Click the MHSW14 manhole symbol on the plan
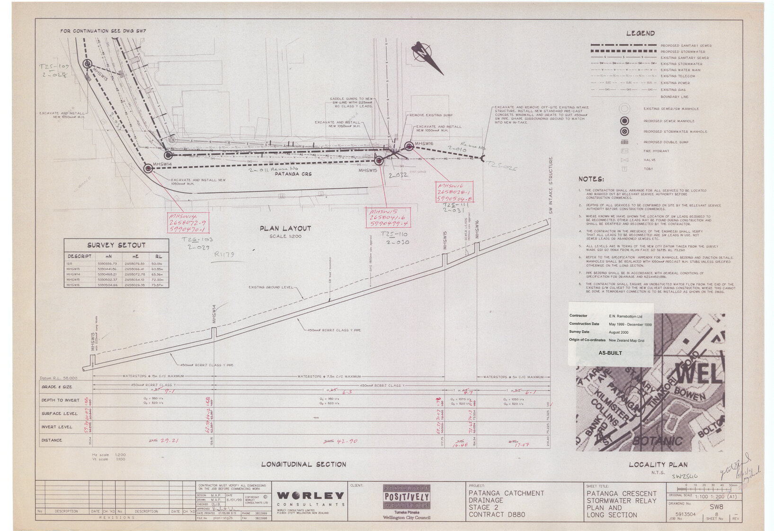click(148, 168)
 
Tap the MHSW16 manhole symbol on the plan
click(409, 146)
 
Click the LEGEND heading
click(640, 33)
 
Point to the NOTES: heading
click(591, 179)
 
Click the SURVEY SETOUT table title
click(116, 245)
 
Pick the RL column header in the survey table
click(159, 256)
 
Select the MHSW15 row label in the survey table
click(73, 280)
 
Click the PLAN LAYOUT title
click(285, 229)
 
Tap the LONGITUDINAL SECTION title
click(303, 464)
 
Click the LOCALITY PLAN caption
click(658, 465)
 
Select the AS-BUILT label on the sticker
click(610, 353)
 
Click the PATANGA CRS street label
click(293, 174)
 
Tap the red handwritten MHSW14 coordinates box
click(188, 223)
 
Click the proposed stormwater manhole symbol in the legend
click(625, 131)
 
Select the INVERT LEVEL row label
click(57, 427)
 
